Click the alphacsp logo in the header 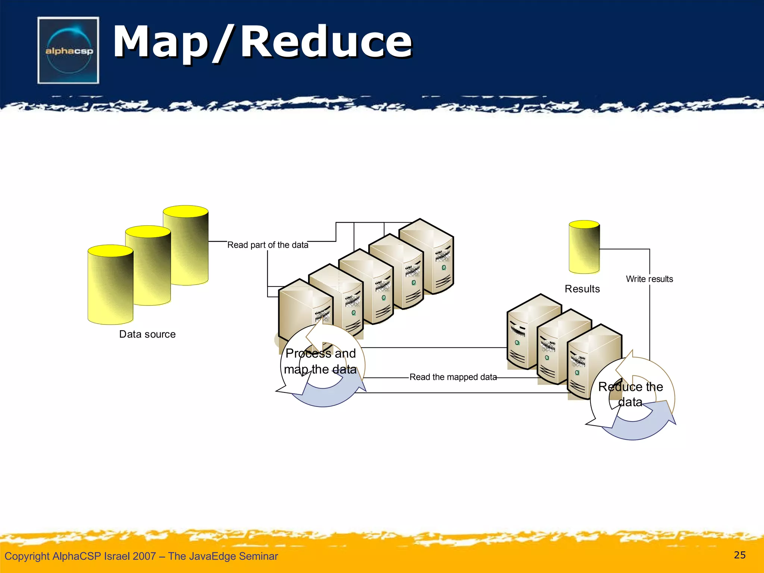pyautogui.click(x=68, y=50)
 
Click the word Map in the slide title pyautogui.click(x=160, y=42)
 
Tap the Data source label pyautogui.click(x=147, y=334)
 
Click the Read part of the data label pyautogui.click(x=268, y=245)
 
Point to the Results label pyautogui.click(x=582, y=289)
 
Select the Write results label pyautogui.click(x=649, y=279)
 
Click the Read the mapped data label pyautogui.click(x=453, y=377)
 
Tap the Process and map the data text pyautogui.click(x=320, y=361)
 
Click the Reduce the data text pyautogui.click(x=630, y=394)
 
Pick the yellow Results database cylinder pyautogui.click(x=584, y=247)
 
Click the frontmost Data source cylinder pyautogui.click(x=110, y=285)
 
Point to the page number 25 pyautogui.click(x=739, y=555)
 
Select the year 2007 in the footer pyautogui.click(x=144, y=556)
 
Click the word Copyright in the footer pyautogui.click(x=27, y=556)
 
